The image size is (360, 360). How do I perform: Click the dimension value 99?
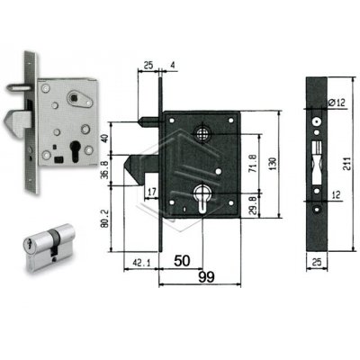coord(207,276)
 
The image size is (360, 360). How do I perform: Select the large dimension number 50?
coord(182,261)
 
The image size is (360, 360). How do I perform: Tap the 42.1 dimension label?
coord(140,263)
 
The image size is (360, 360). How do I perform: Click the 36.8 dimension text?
coord(103,170)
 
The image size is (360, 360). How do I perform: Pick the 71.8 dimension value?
coord(252,163)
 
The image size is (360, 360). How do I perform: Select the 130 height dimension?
coord(274,163)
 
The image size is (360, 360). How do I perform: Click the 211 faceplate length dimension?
coord(347,164)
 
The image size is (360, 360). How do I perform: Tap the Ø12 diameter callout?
coord(337,103)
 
